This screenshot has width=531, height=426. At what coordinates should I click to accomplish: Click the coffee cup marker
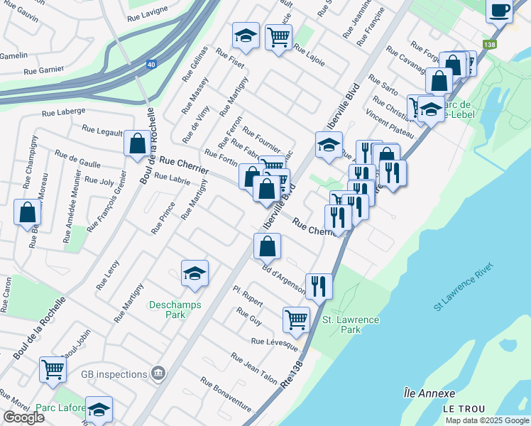click(x=499, y=11)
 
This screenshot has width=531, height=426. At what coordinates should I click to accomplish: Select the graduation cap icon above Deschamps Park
click(x=194, y=274)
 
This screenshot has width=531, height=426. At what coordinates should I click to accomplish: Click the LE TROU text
click(x=464, y=409)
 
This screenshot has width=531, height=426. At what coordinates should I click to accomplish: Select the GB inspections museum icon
click(x=158, y=373)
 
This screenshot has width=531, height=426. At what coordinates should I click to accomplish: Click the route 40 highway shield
click(x=151, y=64)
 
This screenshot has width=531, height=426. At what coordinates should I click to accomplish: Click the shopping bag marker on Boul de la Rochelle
click(x=136, y=144)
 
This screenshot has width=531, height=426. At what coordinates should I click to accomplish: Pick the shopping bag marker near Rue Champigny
click(x=27, y=212)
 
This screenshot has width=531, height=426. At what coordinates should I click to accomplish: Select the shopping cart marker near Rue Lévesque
click(x=296, y=319)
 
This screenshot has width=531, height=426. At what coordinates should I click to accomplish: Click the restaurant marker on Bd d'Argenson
click(x=319, y=285)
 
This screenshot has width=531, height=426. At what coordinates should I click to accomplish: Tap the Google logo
click(x=23, y=417)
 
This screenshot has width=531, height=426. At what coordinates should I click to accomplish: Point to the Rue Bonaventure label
click(x=226, y=394)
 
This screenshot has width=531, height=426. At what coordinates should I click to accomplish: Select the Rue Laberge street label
click(x=64, y=111)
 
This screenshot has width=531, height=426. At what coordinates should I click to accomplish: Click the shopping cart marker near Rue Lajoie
click(x=278, y=36)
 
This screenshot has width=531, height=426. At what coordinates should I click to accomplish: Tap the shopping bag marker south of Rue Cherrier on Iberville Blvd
click(x=267, y=247)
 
